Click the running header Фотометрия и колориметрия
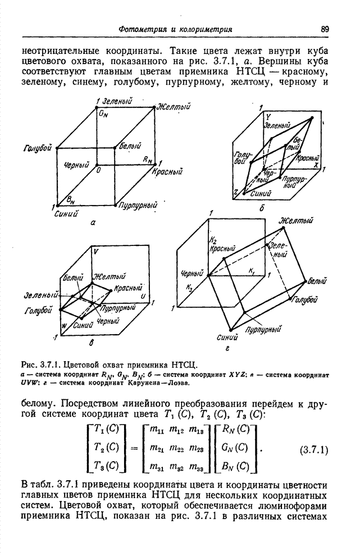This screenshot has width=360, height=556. (177, 29)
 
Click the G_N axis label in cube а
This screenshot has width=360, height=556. (102, 113)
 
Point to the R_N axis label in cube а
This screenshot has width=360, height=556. (148, 159)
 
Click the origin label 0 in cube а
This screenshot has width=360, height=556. (98, 169)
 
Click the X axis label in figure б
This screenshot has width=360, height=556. (316, 166)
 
